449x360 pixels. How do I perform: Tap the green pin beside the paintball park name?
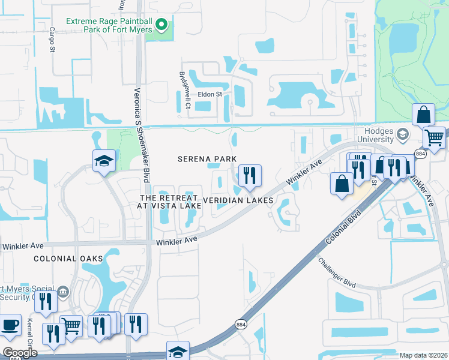click(x=161, y=25)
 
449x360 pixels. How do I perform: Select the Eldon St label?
click(x=211, y=94)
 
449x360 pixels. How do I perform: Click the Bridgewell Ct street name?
click(x=184, y=90)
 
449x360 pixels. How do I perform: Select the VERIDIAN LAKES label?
click(x=239, y=200)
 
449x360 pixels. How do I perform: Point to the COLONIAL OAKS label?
click(x=68, y=259)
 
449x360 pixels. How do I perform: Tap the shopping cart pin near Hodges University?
click(x=434, y=137)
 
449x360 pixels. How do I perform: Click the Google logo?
click(x=19, y=352)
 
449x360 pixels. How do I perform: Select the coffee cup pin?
click(x=9, y=325)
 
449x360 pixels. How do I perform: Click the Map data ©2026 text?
click(x=423, y=355)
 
